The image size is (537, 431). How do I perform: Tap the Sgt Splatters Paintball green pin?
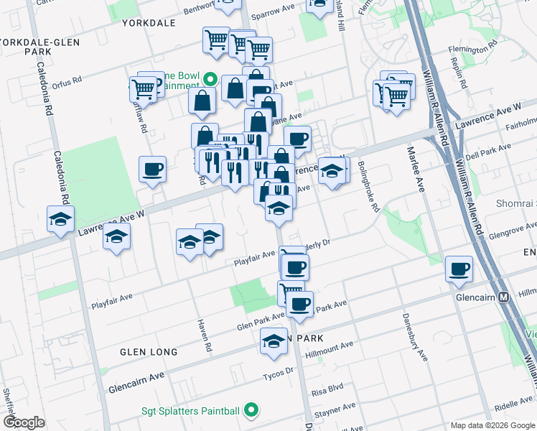point(251,410)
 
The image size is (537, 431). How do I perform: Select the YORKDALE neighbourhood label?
point(149,23)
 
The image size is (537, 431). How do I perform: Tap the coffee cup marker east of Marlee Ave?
point(458,269)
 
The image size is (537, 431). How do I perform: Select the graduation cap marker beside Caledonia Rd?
point(61,218)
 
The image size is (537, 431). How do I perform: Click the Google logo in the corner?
point(24,422)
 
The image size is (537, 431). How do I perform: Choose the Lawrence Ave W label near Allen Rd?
point(496,113)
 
